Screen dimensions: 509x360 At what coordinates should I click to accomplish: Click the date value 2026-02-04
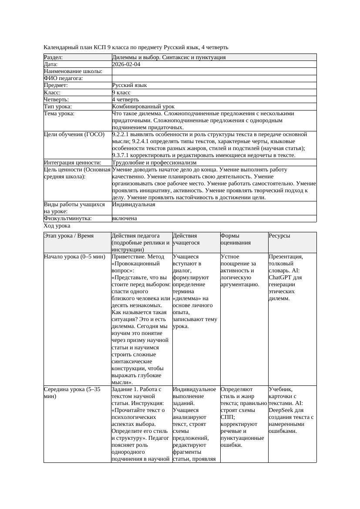point(126,64)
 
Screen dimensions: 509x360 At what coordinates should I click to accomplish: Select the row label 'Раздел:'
point(54,57)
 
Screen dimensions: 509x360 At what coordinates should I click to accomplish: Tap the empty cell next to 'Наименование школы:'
point(213,71)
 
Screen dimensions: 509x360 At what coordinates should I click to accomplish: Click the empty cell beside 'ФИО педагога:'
point(213,78)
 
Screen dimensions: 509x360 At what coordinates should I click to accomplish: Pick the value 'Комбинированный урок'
point(143,107)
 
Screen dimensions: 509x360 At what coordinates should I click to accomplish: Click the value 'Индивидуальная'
point(134,204)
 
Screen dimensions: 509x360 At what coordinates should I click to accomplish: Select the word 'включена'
point(124,218)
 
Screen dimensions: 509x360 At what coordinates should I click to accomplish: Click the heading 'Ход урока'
point(57,226)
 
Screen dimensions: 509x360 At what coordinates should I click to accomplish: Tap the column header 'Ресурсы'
point(279,236)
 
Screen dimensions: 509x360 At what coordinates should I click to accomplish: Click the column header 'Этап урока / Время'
point(69,236)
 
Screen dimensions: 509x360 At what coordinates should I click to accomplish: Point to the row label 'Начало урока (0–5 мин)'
point(74,257)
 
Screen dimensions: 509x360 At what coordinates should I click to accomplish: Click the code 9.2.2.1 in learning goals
point(123,134)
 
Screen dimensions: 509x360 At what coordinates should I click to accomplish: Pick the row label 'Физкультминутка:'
point(68,218)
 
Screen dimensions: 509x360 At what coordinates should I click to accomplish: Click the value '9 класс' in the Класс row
point(121,93)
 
